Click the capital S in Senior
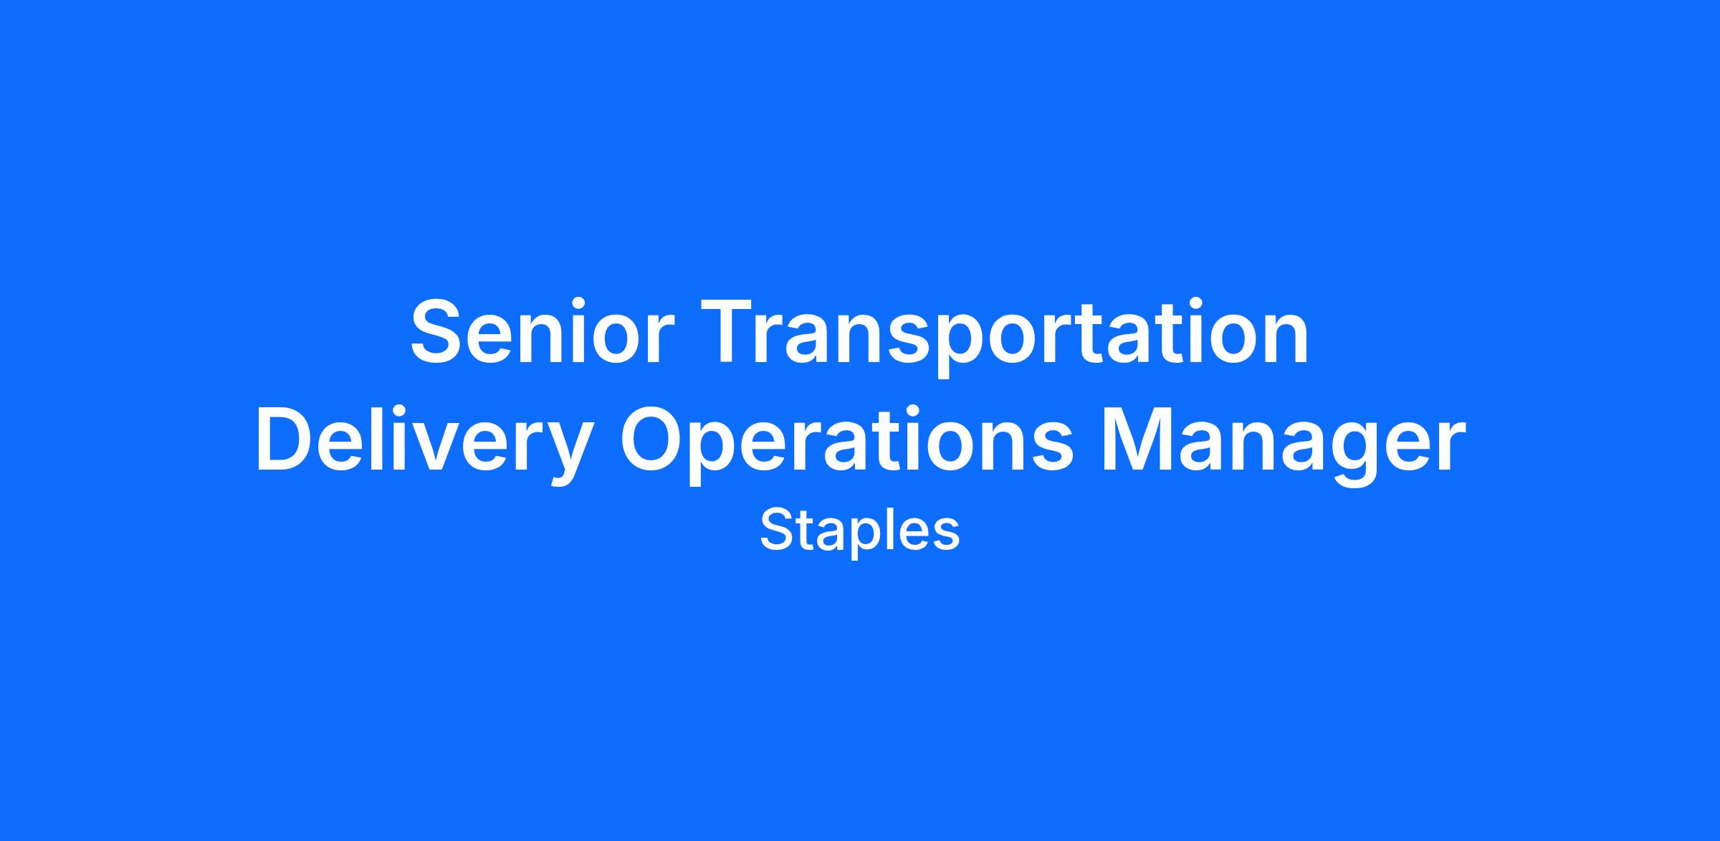439,331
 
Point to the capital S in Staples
777,531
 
